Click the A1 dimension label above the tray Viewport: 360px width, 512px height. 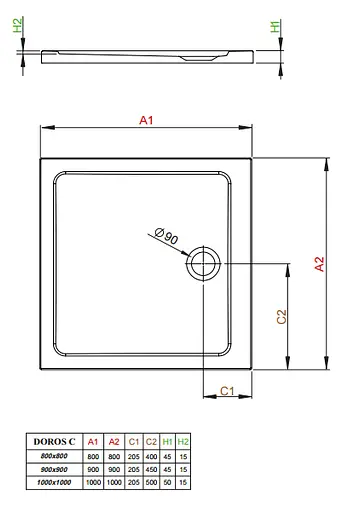tap(145, 120)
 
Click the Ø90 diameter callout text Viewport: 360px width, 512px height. tap(167, 237)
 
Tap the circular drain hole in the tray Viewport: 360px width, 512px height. tap(203, 264)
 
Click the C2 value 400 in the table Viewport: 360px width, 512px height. tap(150, 455)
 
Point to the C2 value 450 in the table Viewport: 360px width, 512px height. tap(150, 468)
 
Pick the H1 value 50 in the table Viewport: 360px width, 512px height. tap(168, 482)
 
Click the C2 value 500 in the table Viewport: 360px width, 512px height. tap(150, 482)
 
